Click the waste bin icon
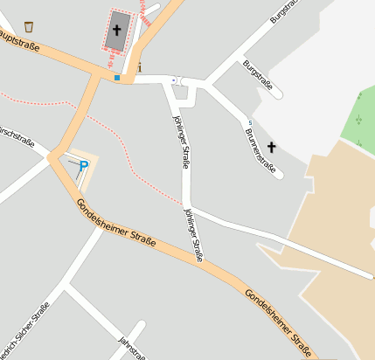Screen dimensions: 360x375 coord(29,26)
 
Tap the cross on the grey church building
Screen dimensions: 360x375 coord(116,30)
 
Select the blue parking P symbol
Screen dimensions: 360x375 coord(84,165)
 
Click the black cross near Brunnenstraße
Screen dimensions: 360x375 coord(271,148)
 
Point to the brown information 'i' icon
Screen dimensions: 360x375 coord(139,66)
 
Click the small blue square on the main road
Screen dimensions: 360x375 coord(116,78)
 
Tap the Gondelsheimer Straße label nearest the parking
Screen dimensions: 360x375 coord(115,222)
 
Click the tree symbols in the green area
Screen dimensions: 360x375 coord(360,120)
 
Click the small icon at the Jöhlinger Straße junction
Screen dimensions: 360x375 coord(173,80)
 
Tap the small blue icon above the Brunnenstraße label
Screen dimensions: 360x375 coord(250,122)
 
